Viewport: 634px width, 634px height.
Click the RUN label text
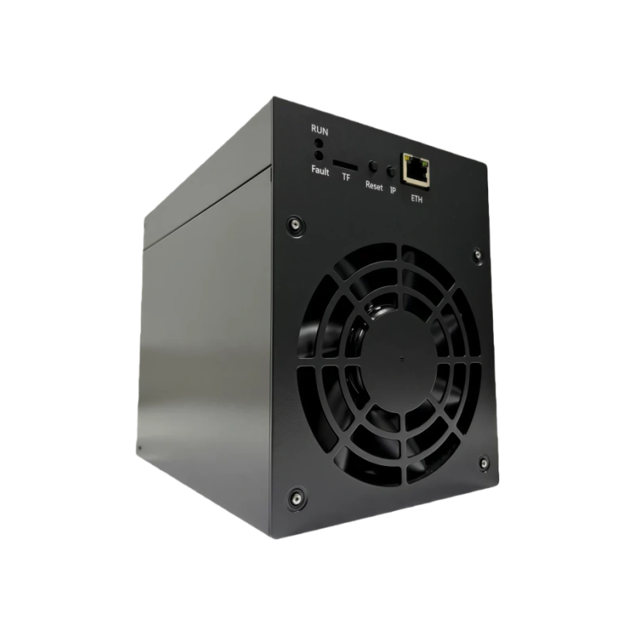tap(319, 131)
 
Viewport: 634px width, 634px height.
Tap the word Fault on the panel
tap(320, 170)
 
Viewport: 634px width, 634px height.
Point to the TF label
tap(346, 177)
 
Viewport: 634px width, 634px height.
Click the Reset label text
tap(373, 185)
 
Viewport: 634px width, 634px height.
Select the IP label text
tap(392, 189)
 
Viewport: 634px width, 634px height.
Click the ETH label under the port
tap(417, 199)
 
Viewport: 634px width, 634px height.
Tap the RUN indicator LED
tap(319, 143)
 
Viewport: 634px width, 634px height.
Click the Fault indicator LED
tap(319, 155)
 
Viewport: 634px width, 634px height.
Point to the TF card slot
tap(345, 165)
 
